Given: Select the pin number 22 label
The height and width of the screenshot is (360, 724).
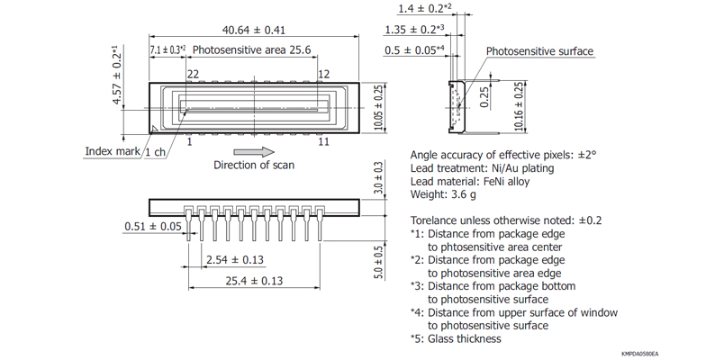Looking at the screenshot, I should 193,74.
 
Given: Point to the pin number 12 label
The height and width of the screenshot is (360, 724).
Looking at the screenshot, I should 324,74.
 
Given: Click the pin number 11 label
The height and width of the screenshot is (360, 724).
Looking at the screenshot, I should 324,142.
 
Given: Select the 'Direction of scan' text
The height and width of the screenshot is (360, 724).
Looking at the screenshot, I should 253,165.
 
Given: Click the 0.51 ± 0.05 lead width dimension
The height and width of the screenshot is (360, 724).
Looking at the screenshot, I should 154,226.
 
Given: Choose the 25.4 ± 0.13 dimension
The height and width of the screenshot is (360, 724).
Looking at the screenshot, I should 253,281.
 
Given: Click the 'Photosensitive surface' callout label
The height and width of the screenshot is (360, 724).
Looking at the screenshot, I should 539,51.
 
